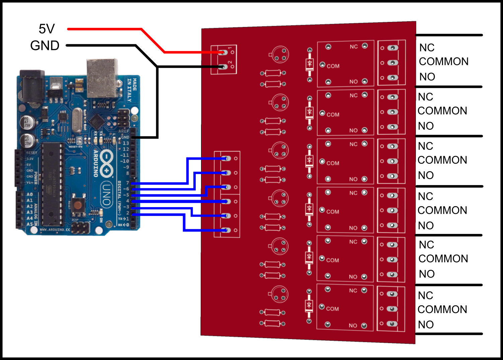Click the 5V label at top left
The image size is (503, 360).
[47, 29]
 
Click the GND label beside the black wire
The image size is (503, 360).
[45, 46]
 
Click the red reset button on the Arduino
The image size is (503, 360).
[78, 204]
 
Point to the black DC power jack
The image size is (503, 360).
[32, 86]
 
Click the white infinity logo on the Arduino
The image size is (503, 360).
[107, 163]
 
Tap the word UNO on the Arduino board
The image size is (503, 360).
[107, 195]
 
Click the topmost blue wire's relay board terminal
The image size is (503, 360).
[227, 159]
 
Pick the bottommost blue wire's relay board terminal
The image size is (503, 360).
[227, 230]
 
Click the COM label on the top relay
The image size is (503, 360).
[333, 66]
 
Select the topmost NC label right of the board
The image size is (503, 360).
[427, 48]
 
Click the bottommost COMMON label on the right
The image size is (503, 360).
[442, 309]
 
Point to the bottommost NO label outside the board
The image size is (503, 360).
[426, 324]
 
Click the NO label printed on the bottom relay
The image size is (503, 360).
[353, 325]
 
